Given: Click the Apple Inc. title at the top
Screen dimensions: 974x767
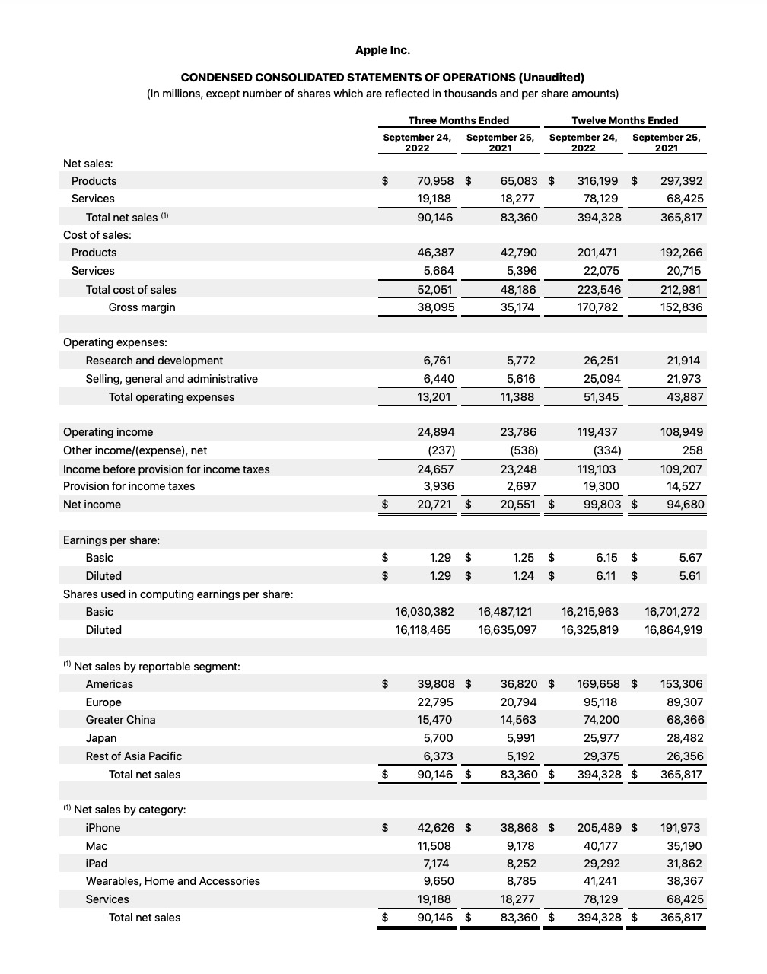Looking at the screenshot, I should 382,50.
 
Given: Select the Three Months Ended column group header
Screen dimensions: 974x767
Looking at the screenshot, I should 458,120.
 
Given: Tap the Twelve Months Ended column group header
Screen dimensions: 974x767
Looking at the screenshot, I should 624,120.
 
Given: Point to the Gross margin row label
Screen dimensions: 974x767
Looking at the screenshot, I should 142,307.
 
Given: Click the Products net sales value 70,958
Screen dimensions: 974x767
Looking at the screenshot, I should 435,181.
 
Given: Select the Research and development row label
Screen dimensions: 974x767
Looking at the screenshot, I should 154,361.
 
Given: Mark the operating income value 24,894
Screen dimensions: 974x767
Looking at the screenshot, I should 435,432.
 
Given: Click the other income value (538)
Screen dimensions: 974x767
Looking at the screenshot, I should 524,450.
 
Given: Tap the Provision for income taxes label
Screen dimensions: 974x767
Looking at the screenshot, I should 129,486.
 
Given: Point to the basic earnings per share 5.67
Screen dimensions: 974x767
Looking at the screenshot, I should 690,558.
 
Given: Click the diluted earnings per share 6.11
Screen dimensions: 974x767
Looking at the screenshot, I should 606,576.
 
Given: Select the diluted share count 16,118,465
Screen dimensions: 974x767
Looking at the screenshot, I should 423,630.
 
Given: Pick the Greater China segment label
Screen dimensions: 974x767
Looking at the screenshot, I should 120,720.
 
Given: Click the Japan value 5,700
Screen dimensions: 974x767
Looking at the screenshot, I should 438,738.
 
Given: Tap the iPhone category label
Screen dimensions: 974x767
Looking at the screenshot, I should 103,828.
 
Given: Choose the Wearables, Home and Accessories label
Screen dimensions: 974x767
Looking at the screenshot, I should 173,881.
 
